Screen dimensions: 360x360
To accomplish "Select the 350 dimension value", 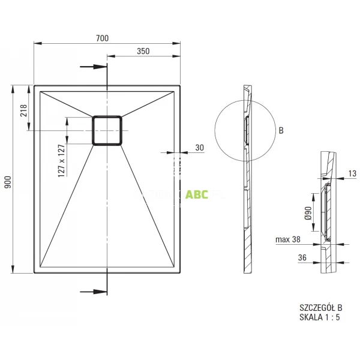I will [x=143, y=52].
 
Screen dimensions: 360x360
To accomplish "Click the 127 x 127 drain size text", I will [x=61, y=160].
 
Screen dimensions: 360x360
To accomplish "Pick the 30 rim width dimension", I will [x=199, y=148].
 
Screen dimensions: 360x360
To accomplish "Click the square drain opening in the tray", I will [x=107, y=129].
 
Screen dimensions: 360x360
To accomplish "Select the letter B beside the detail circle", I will [x=281, y=130].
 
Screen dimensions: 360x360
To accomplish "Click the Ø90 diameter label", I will [x=308, y=212].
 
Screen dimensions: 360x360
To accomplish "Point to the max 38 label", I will [x=288, y=241].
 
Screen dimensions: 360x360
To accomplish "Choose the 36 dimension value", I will [x=303, y=258].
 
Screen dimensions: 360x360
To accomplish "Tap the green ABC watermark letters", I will [x=196, y=194].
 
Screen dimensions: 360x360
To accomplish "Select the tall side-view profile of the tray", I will [x=248, y=180].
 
